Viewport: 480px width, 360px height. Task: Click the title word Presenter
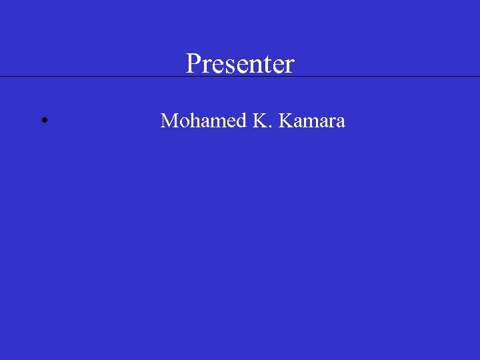coord(240,64)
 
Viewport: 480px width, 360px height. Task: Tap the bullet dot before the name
coord(43,121)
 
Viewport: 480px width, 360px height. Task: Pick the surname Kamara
coord(312,121)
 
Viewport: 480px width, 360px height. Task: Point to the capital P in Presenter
coord(193,64)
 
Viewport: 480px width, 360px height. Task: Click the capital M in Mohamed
coord(169,121)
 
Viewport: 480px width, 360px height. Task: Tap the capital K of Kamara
coord(286,121)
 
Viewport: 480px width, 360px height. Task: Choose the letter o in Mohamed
coord(183,122)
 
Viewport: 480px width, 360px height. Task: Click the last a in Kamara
coord(340,122)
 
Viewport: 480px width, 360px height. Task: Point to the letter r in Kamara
coord(331,122)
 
